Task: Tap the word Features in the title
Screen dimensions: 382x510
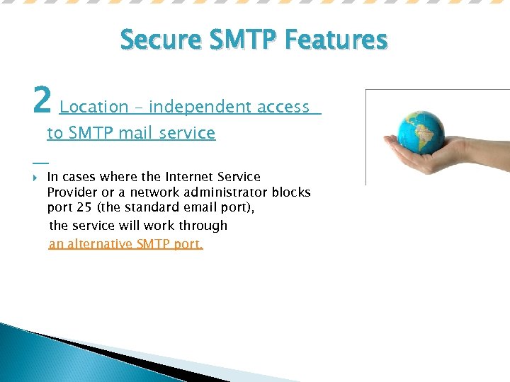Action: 336,40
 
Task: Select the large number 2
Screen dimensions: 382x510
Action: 42,100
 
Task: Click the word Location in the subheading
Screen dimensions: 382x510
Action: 93,107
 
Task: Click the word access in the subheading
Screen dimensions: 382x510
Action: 283,107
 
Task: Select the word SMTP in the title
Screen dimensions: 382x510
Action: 241,40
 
